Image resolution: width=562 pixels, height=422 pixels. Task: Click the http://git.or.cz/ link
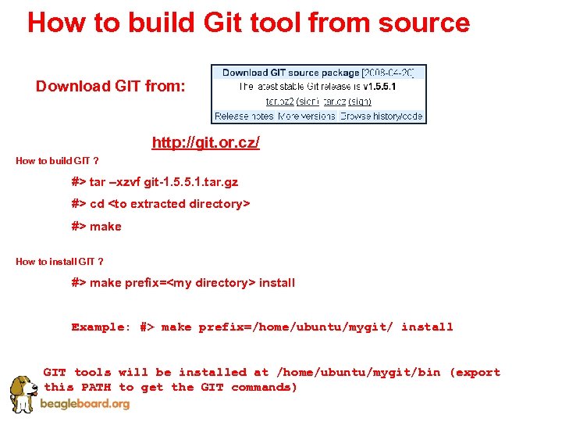click(205, 143)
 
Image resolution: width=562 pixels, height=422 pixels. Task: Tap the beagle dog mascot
click(23, 392)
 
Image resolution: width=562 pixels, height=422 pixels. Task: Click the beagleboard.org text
click(86, 404)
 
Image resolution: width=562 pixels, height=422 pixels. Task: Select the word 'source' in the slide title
click(424, 23)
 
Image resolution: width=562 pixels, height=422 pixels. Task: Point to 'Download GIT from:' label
click(111, 86)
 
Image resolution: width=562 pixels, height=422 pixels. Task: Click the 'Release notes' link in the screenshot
click(244, 116)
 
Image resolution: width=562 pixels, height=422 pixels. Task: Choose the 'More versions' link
click(307, 116)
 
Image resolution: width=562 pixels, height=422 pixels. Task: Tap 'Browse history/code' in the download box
click(382, 116)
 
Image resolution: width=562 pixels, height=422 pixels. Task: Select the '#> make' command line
click(97, 226)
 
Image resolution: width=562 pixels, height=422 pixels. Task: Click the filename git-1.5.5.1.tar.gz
click(192, 181)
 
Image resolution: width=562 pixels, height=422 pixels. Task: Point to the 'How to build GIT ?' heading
click(57, 161)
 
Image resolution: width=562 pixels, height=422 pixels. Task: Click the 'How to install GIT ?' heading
click(59, 262)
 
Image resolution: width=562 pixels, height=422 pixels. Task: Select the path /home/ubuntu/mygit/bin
click(358, 372)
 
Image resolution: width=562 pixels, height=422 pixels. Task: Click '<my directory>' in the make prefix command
click(212, 283)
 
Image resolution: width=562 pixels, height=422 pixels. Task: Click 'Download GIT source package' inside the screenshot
click(290, 73)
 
